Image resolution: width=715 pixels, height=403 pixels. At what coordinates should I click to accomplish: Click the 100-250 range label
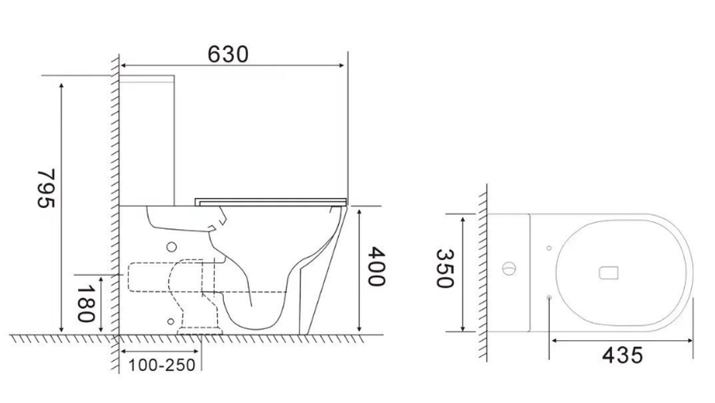pos(162,365)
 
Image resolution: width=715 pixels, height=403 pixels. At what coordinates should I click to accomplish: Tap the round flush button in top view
pos(508,269)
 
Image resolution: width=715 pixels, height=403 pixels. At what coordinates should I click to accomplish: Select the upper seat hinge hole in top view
pos(548,248)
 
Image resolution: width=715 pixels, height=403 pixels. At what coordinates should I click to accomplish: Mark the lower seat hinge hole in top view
pos(548,297)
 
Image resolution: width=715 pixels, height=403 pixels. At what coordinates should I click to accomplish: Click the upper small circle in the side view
pos(170,247)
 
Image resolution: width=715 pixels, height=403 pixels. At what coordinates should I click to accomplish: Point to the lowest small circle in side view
pos(170,322)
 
